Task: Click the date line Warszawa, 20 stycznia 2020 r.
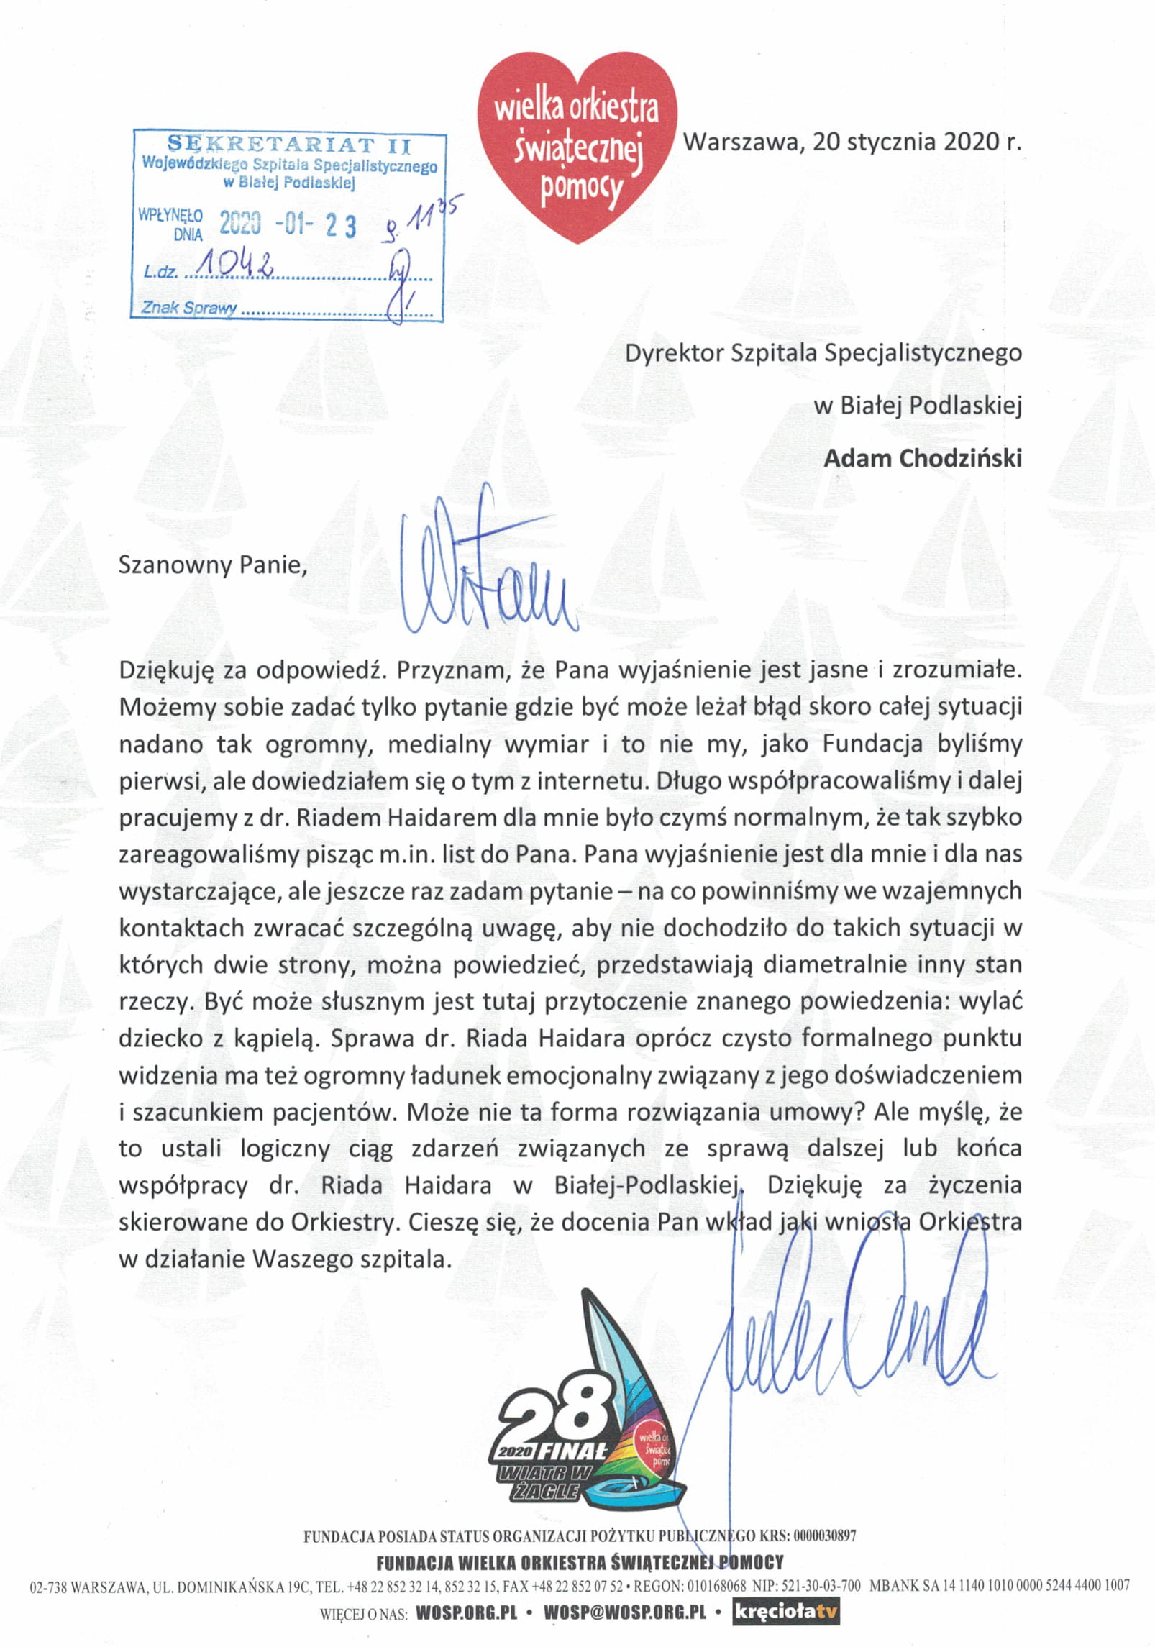852,142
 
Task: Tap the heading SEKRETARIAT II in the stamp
288,145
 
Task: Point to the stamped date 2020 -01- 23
287,226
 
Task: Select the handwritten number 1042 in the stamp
238,267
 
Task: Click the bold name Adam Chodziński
923,458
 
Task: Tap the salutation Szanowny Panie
213,565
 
